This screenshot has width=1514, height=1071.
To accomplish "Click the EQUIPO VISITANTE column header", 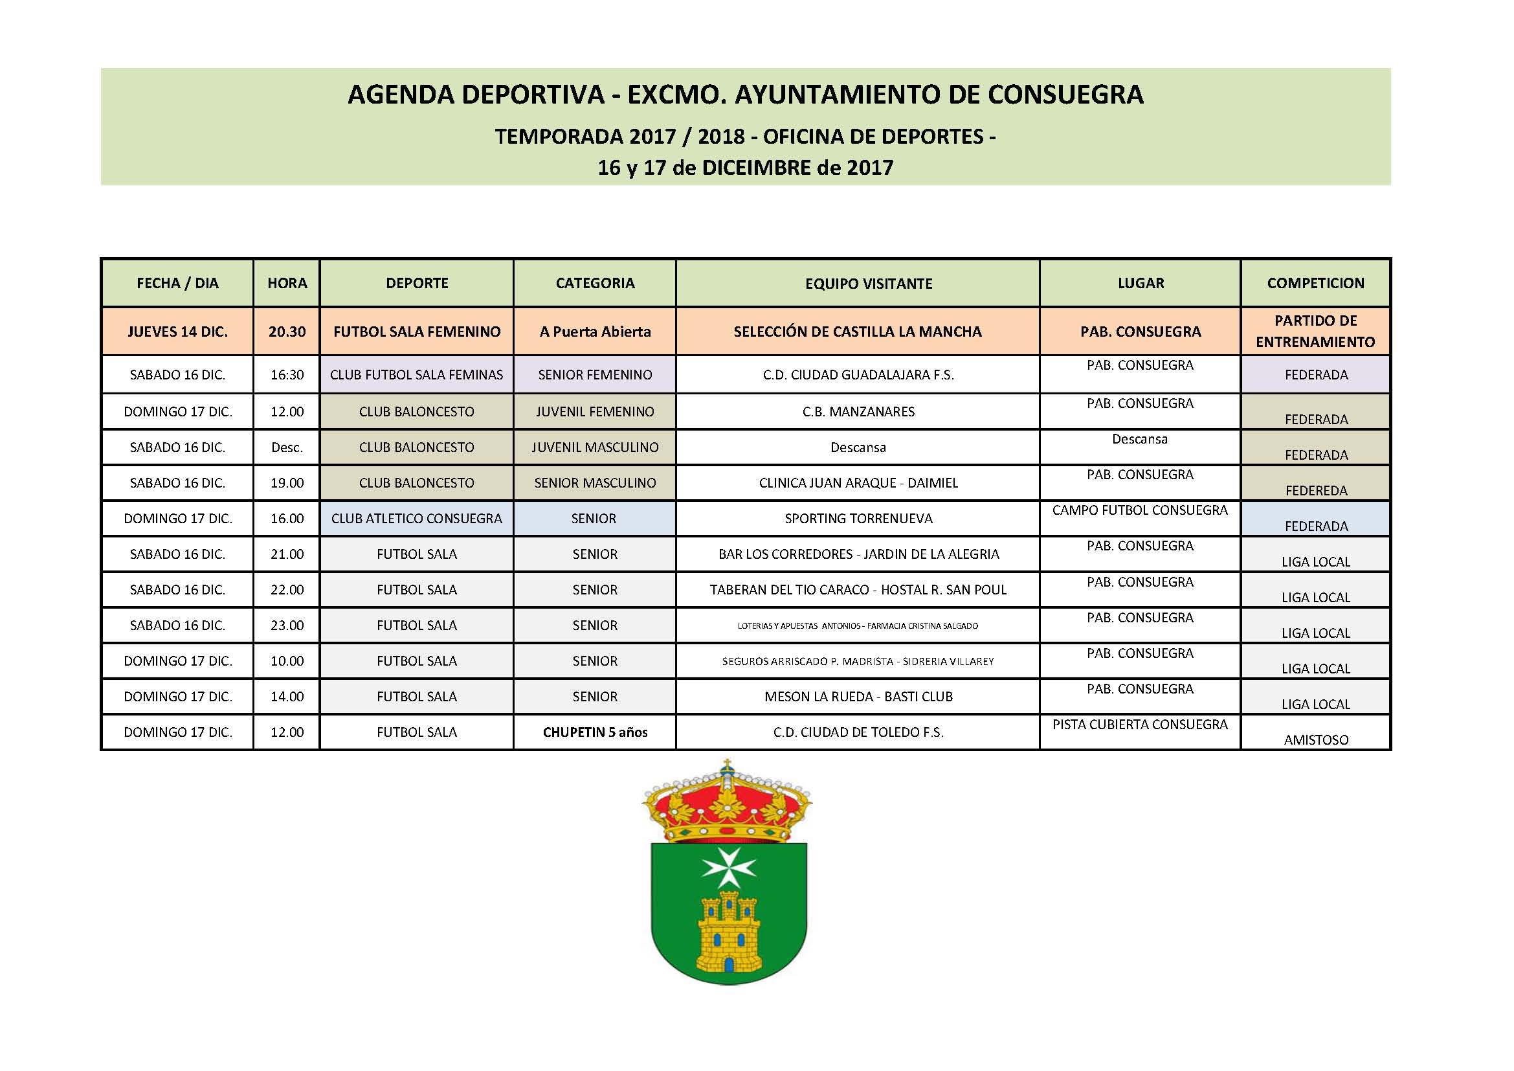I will click(869, 284).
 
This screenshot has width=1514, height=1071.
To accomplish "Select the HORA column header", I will click(287, 283).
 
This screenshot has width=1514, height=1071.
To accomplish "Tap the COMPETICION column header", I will click(1315, 283).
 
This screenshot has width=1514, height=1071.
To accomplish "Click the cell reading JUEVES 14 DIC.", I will click(177, 332).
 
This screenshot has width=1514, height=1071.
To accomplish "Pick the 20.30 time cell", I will click(287, 332).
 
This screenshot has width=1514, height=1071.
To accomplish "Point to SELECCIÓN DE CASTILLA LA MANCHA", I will click(857, 332).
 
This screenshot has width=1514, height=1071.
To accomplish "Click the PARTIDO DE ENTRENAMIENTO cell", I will click(1315, 331).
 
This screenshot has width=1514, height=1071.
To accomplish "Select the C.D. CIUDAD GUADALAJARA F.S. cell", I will click(858, 374).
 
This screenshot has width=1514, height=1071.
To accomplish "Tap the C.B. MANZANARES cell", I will click(858, 412).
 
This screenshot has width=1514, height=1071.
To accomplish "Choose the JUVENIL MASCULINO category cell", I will click(595, 447).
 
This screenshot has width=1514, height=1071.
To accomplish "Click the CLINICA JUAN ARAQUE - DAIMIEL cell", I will click(858, 483).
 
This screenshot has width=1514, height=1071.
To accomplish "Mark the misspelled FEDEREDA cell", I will click(1316, 490).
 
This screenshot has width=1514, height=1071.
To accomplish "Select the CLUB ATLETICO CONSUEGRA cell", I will click(417, 519).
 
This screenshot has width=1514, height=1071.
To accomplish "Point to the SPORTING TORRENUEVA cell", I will click(858, 519).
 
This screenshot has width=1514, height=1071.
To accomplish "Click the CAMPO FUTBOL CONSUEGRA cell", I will click(1139, 510).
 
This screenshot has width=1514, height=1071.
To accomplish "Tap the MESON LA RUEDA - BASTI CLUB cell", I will click(858, 697).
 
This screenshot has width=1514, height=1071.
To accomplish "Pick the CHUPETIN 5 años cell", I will click(595, 732).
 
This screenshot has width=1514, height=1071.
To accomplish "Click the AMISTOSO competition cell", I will click(1315, 739).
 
